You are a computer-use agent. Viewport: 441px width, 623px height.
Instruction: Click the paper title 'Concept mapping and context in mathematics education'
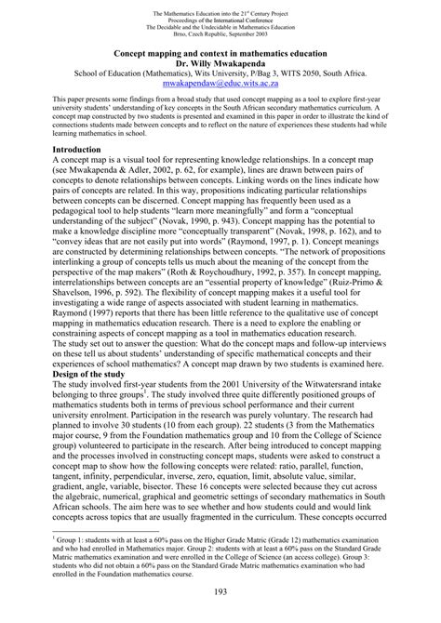click(x=220, y=54)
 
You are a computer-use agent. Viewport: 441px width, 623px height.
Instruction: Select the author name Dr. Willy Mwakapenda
click(x=220, y=65)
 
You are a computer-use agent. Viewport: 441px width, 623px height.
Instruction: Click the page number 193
click(x=220, y=592)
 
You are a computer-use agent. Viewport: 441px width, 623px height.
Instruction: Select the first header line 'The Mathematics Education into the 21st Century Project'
click(x=220, y=8)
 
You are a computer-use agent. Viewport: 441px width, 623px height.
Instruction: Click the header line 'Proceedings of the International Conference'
click(x=220, y=16)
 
